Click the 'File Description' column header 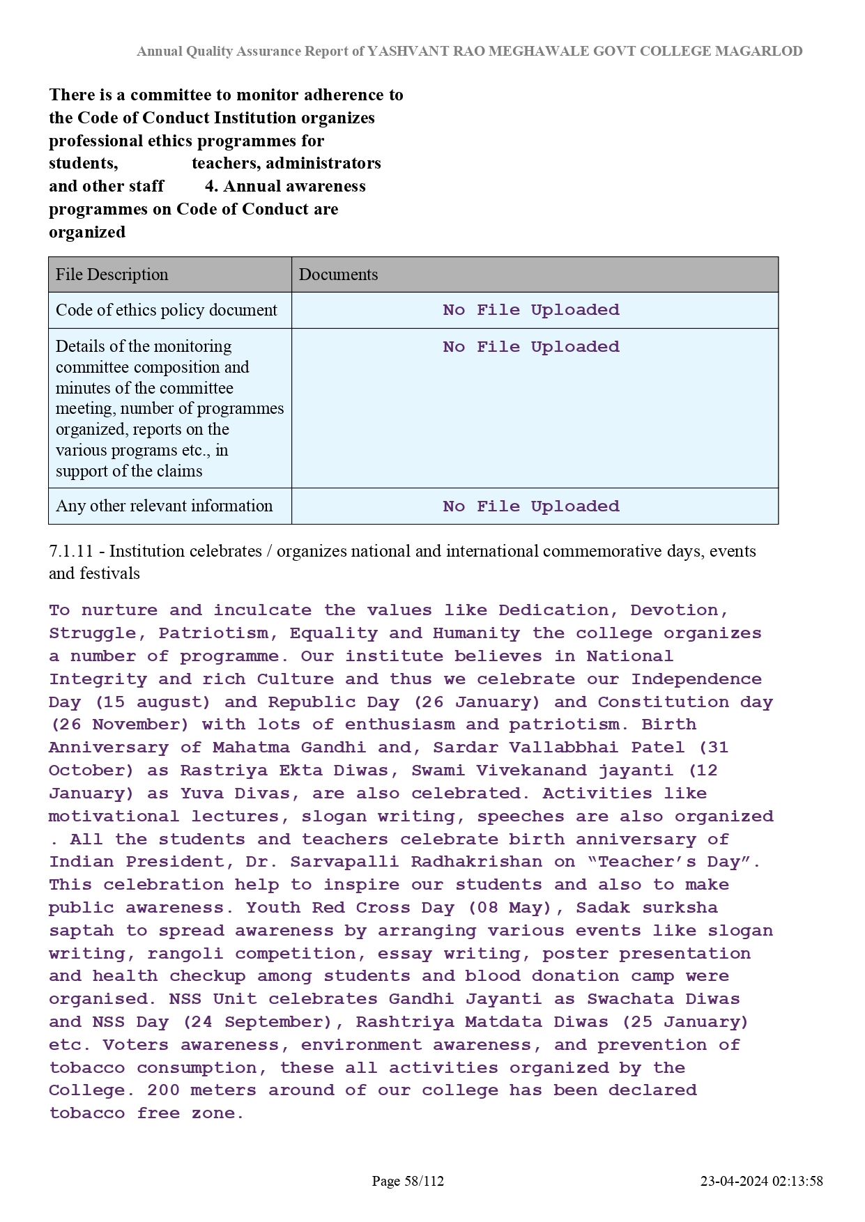112,274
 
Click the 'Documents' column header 338,274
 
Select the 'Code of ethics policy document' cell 167,310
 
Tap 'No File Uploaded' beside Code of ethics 530,310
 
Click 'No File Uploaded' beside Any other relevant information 530,506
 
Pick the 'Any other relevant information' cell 164,506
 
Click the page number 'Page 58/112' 408,1181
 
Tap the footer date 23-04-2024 734,1181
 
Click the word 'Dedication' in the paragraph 553,610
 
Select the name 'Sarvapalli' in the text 344,862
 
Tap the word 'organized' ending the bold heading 87,232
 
